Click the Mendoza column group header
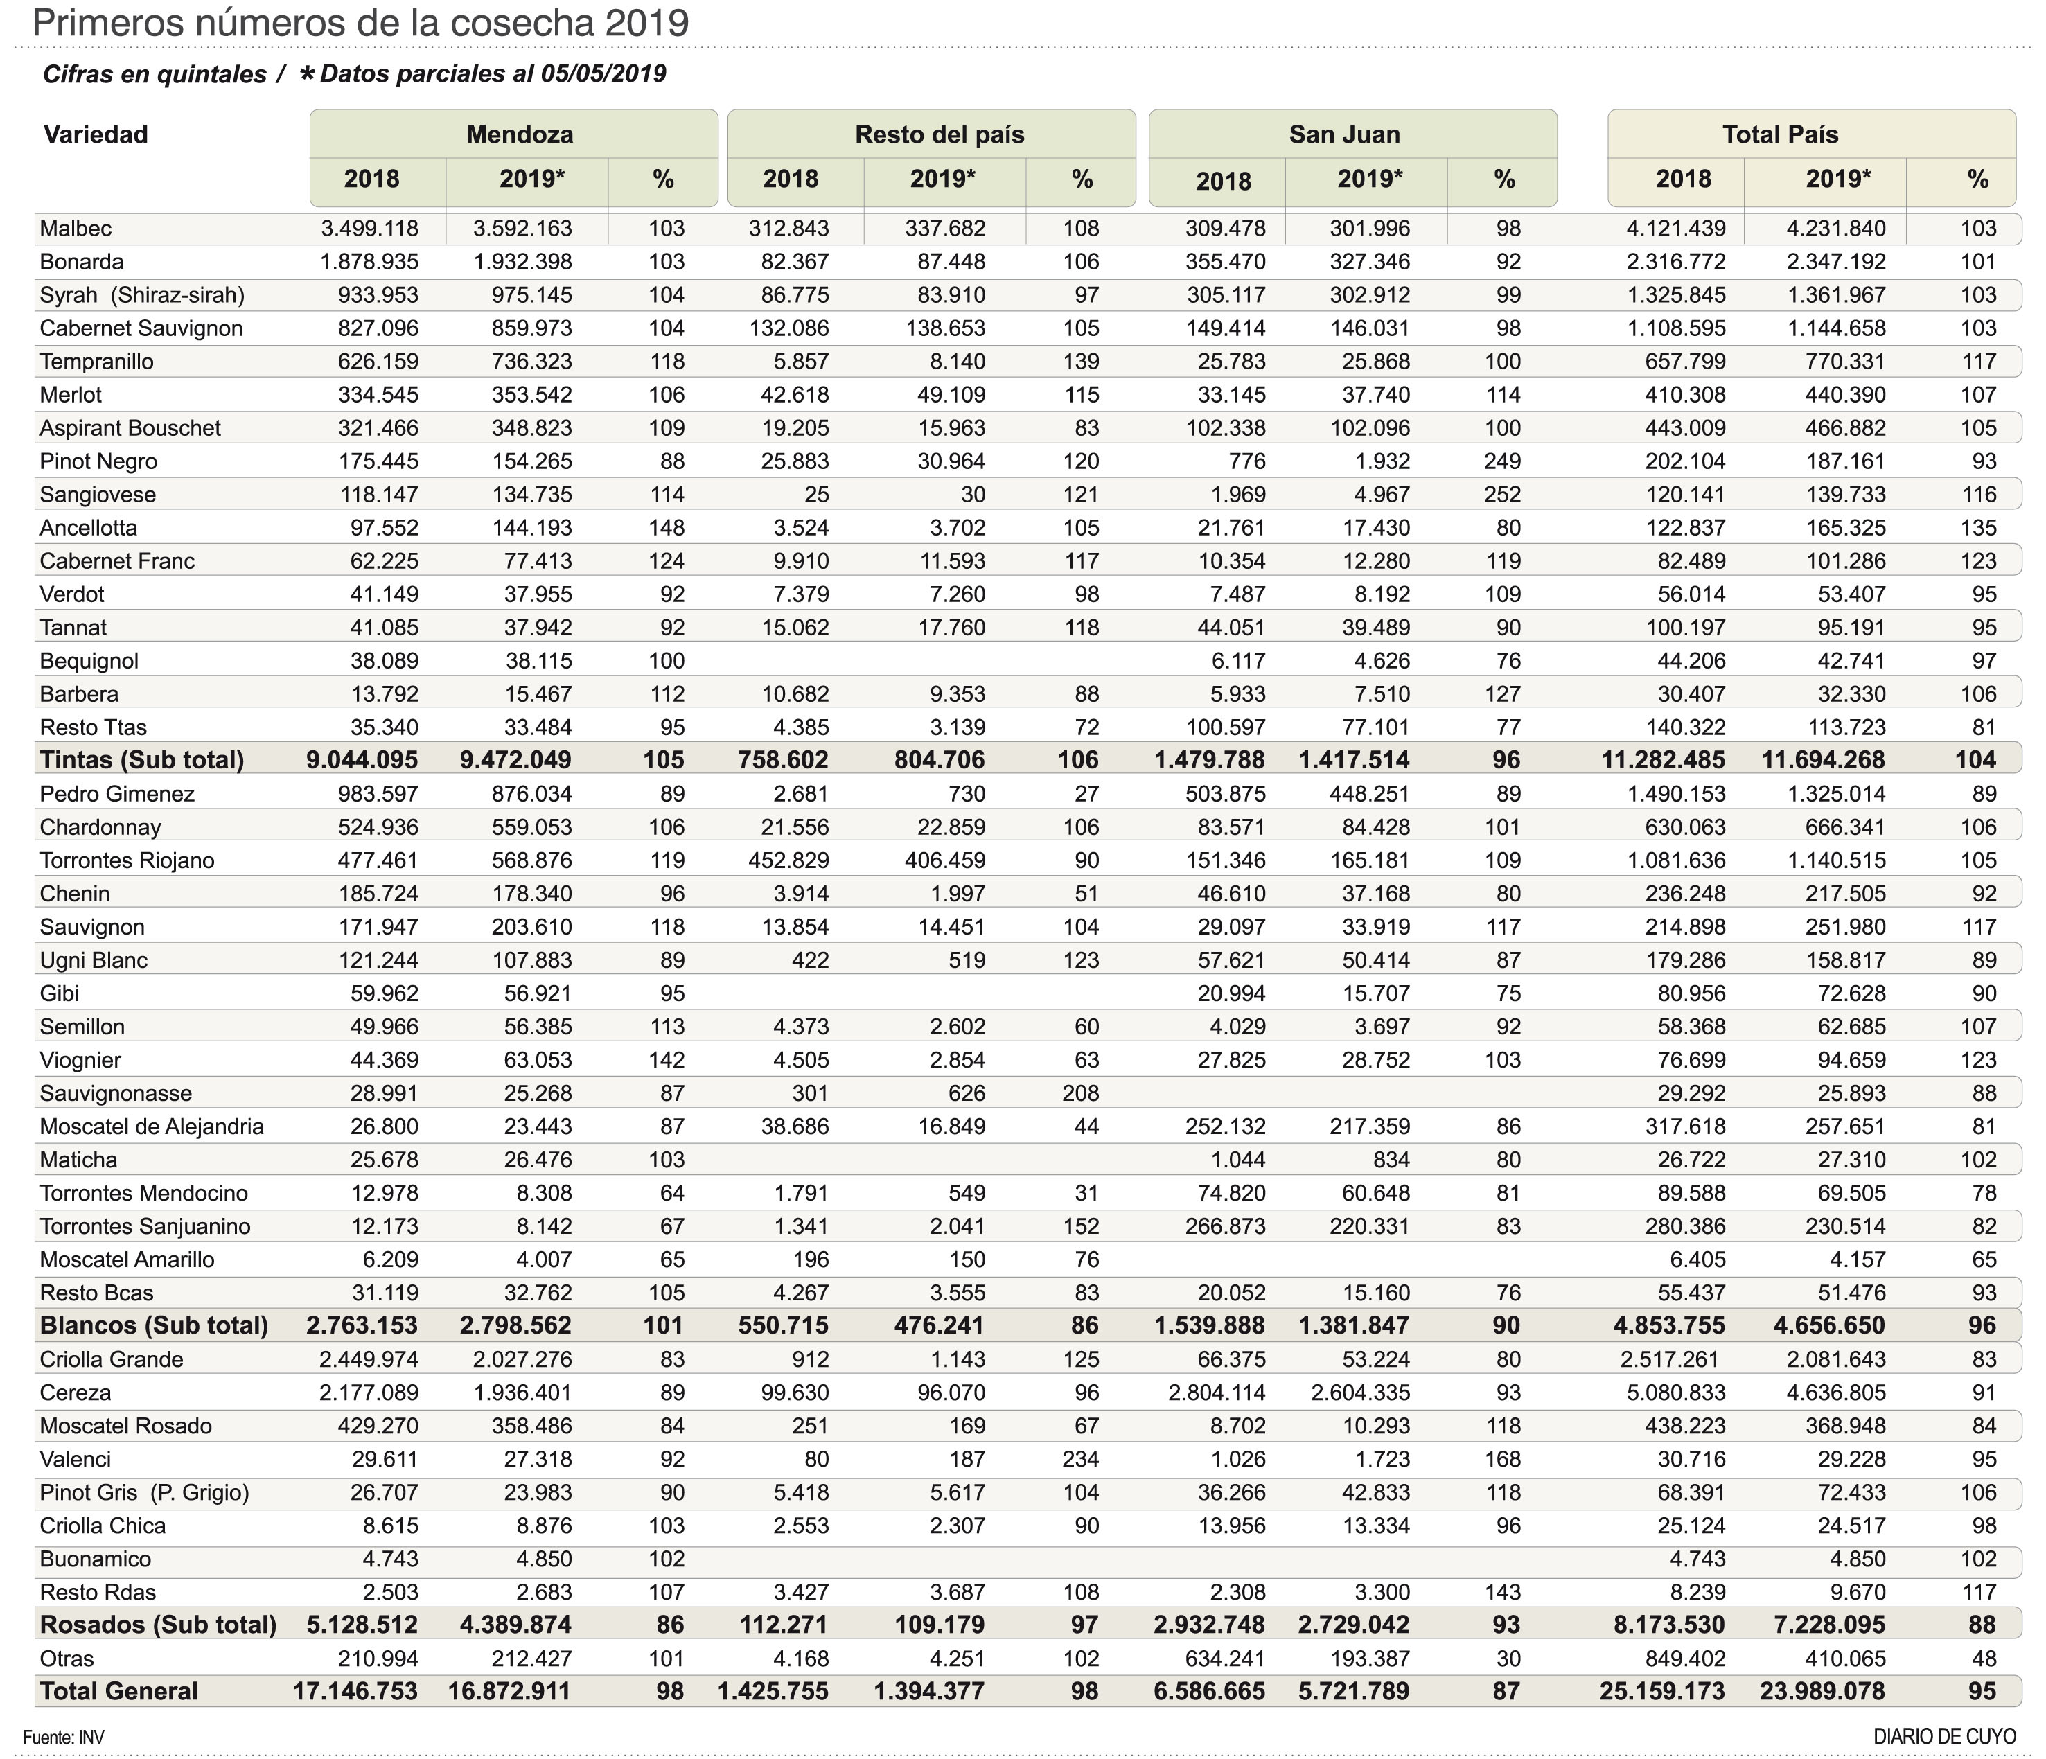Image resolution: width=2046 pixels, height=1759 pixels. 520,134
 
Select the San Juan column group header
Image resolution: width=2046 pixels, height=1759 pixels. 1344,134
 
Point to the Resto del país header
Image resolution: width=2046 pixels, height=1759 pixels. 939,134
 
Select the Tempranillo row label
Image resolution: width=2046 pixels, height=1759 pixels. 97,361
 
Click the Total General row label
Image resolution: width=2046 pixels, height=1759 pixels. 118,1691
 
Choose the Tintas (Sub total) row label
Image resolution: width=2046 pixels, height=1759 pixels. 142,760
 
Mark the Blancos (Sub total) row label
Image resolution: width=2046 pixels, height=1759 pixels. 154,1326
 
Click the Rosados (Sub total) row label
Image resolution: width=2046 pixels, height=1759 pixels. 158,1625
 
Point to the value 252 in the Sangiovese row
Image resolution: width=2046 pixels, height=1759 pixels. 1502,495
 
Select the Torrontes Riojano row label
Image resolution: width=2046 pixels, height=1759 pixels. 127,860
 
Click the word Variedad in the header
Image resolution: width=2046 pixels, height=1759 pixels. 96,134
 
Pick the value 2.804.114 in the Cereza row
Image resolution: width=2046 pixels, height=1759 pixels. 1217,1393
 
